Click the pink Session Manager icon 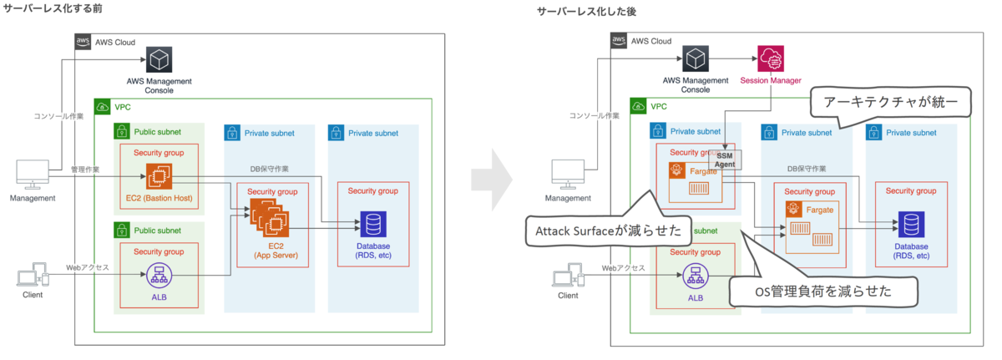point(771,58)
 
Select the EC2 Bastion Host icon point(159,176)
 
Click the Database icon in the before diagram point(372,224)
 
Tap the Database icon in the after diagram point(910,224)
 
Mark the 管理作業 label point(86,170)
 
